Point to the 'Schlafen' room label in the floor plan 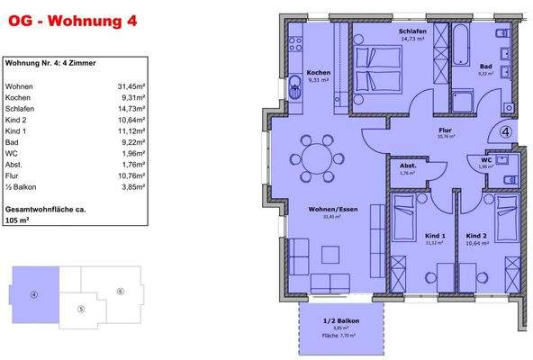[413, 31]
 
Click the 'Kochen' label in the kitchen [318, 72]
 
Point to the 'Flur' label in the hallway [445, 130]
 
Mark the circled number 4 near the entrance [505, 131]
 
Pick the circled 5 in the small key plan [81, 309]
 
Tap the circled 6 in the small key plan [119, 291]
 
